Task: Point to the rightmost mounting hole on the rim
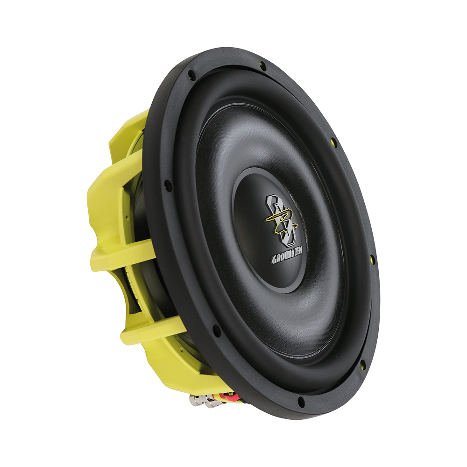point(372,258)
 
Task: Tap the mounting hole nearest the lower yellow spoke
point(216,331)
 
